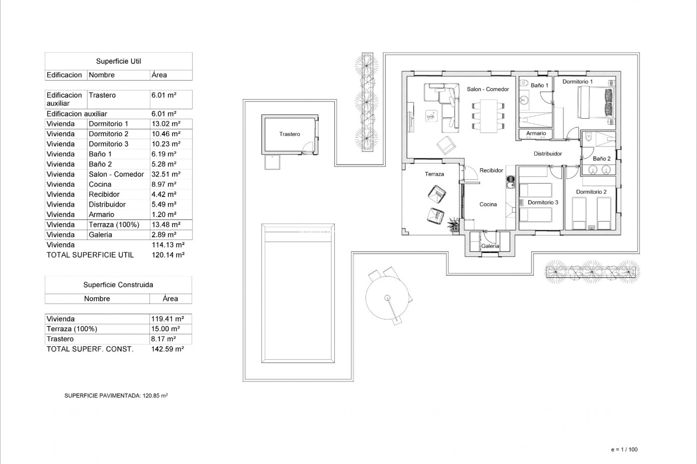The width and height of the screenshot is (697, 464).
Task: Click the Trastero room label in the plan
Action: tap(290, 134)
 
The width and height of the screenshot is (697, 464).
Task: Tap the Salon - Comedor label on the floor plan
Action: tap(488, 89)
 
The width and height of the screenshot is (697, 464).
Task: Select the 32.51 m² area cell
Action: tap(166, 174)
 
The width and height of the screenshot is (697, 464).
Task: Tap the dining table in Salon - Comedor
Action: tap(488, 116)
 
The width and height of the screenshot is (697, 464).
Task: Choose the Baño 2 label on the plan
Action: tap(602, 159)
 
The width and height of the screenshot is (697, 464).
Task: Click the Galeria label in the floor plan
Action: tap(490, 246)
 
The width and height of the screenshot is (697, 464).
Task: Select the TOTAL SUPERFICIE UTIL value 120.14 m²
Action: tap(168, 255)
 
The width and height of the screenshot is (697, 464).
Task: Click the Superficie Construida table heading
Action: tap(118, 285)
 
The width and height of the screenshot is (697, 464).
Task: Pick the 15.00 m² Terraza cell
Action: tap(166, 329)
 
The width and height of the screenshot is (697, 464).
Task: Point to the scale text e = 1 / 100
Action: tap(624, 449)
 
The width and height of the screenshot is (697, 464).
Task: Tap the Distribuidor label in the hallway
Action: tap(547, 154)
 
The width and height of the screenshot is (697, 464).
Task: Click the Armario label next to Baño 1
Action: tap(536, 133)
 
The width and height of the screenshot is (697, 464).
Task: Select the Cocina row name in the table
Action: tap(100, 185)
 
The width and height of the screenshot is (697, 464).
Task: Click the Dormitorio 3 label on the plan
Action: tap(543, 203)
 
